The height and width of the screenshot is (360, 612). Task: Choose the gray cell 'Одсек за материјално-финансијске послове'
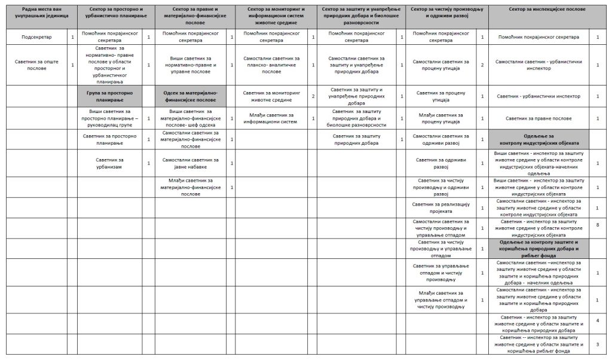[x=191, y=96]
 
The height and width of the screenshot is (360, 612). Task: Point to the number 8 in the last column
[x=598, y=225]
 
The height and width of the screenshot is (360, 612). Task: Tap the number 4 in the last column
[x=598, y=321]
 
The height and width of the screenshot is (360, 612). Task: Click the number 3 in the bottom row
[x=598, y=344]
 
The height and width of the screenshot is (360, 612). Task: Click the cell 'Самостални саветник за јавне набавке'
[x=191, y=163]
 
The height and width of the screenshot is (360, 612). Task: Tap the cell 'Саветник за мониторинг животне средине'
[x=271, y=96]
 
